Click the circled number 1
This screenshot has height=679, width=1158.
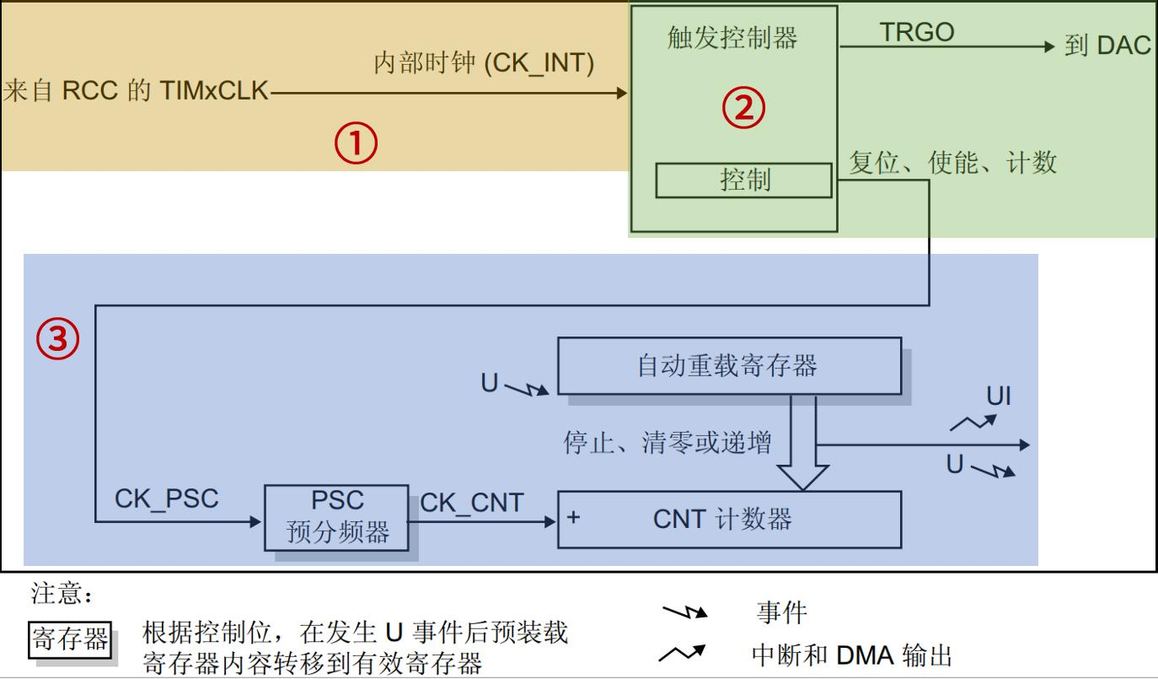click(356, 144)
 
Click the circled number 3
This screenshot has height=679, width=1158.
click(57, 339)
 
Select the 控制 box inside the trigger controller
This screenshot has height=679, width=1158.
click(744, 180)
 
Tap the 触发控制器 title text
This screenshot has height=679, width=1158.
click(732, 37)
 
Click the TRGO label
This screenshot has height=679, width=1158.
click(916, 32)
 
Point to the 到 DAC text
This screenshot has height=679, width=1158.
click(1107, 46)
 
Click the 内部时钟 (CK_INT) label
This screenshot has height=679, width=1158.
click(484, 64)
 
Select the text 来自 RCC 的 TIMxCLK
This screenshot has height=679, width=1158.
click(136, 91)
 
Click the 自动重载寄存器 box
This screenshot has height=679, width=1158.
click(726, 365)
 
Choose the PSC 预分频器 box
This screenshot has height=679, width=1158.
click(337, 517)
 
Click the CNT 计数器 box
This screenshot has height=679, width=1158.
click(729, 519)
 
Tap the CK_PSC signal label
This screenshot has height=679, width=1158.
click(166, 498)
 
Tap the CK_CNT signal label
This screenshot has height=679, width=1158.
click(471, 504)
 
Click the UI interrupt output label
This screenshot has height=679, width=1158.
click(998, 396)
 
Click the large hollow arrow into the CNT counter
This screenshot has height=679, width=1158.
click(801, 447)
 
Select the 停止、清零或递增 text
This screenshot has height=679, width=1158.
click(667, 442)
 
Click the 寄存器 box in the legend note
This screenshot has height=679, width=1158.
click(70, 639)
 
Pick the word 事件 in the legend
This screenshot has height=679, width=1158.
click(781, 612)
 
